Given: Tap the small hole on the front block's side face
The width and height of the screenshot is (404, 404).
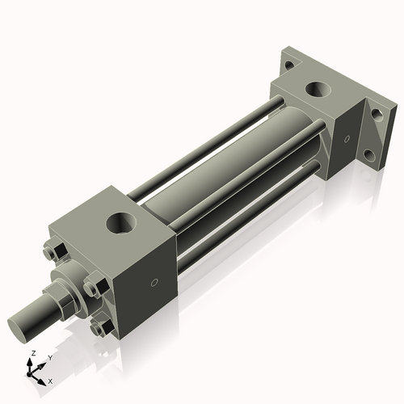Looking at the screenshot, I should point(154,284).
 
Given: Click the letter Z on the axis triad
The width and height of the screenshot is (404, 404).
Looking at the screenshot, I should point(32,355).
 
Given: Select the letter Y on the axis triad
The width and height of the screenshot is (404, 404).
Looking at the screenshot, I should point(49,357).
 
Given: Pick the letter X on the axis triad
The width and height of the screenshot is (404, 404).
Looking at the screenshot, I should point(50,380).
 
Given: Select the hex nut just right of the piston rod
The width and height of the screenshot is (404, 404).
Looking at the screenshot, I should point(92,287).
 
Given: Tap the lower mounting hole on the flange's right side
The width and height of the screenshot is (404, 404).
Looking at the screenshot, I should point(368,155).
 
